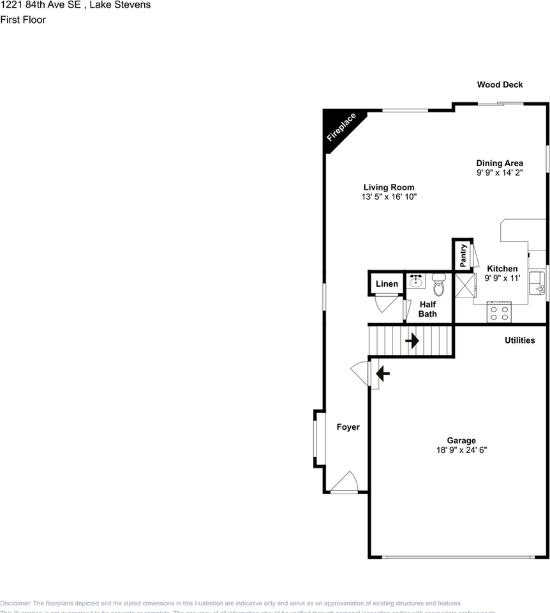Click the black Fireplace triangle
tap(339, 128)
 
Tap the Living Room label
tap(389, 187)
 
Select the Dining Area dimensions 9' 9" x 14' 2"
tap(499, 172)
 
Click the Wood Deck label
tap(500, 84)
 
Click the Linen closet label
tap(387, 284)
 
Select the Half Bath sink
tap(416, 280)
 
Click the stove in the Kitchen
tap(499, 312)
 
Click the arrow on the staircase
tap(412, 340)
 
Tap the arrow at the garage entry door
tap(383, 374)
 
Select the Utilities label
tap(519, 340)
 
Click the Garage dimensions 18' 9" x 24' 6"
tap(461, 450)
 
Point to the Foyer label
tap(348, 427)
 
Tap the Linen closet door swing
tap(387, 303)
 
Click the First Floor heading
tap(23, 19)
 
